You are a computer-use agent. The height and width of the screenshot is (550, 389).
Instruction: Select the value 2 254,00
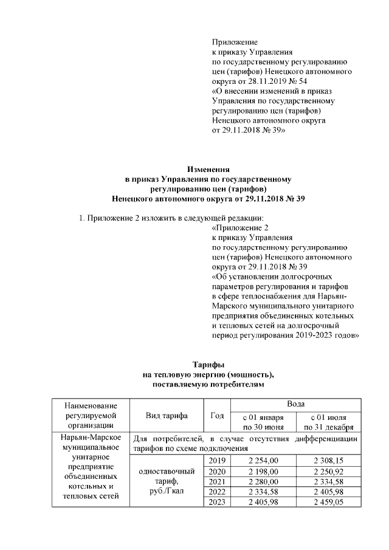click(263, 461)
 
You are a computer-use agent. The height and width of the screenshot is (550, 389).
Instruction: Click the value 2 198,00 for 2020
click(263, 472)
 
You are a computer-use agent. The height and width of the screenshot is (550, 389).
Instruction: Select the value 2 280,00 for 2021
click(263, 481)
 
